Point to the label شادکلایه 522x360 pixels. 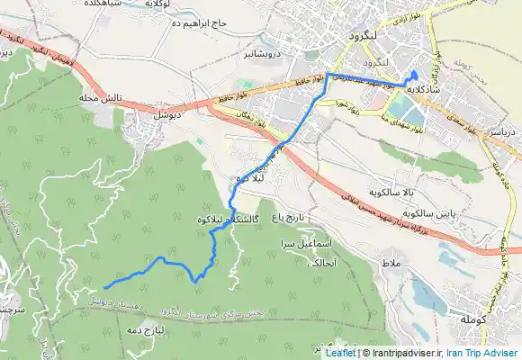click(421, 89)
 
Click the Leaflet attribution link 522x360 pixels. click(339, 354)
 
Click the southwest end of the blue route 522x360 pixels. click(106, 286)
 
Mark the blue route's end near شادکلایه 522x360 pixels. click(413, 72)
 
